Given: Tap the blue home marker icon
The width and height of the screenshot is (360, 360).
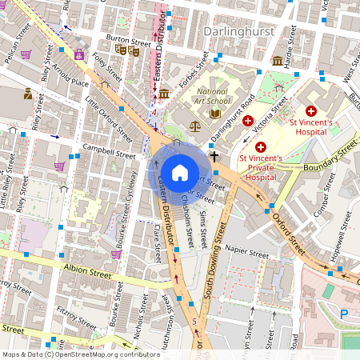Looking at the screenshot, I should [x=179, y=172].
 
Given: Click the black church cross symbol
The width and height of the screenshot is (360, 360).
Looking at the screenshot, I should [x=214, y=156].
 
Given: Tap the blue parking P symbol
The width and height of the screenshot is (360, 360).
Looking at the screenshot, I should [x=344, y=314].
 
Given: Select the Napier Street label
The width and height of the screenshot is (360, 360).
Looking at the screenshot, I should [x=246, y=254].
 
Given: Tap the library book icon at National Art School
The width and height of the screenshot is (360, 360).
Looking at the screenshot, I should [x=214, y=114].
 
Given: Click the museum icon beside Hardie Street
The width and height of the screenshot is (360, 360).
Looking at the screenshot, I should [x=277, y=61].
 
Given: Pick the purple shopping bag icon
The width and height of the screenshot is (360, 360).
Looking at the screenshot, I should [x=79, y=55].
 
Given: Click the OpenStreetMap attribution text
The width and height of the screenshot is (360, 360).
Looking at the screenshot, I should [x=80, y=354].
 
